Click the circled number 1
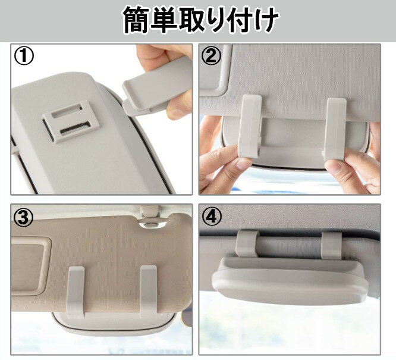point(24,57)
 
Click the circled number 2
point(212,57)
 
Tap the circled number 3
point(24,218)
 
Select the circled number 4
point(212,218)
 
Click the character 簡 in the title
point(137,20)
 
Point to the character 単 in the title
point(164,20)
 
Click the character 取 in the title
point(192,20)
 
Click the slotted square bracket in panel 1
point(70,121)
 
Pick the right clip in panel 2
point(335,129)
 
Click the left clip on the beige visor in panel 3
point(76,292)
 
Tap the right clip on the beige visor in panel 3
point(149,292)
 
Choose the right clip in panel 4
point(332,246)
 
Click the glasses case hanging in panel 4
point(290,281)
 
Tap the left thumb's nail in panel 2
point(242,165)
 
